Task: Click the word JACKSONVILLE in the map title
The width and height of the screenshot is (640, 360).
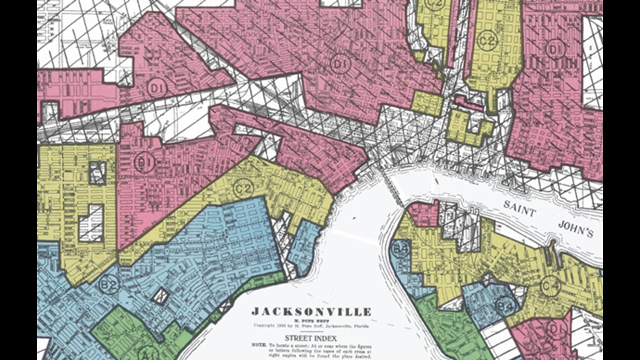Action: coord(311,312)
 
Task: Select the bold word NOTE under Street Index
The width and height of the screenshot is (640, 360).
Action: coord(259,346)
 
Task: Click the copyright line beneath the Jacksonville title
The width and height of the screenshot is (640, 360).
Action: coord(311,325)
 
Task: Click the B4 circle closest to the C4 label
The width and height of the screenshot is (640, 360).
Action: coord(504,306)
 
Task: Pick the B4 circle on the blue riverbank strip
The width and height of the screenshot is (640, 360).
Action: coord(399,249)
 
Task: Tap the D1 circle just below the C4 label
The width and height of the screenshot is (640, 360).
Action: coord(555,328)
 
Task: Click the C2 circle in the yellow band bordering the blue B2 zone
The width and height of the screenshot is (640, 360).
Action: coord(243,188)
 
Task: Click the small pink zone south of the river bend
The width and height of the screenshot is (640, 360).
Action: coord(422,214)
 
